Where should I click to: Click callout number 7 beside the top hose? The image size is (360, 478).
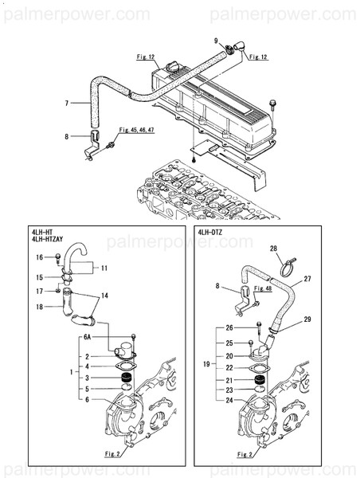[66, 103]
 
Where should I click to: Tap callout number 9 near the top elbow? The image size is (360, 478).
[216, 41]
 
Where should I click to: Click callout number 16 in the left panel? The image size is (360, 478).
[38, 257]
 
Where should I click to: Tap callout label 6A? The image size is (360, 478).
[87, 338]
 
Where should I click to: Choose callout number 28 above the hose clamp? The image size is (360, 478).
[273, 249]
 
